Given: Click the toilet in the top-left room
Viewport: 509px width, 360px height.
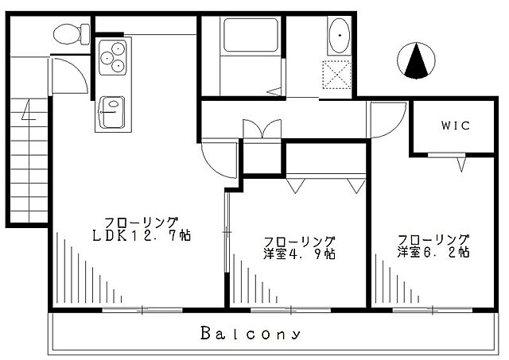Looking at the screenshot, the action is point(72,34).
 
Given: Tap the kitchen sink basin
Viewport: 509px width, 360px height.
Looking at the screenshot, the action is point(112,112).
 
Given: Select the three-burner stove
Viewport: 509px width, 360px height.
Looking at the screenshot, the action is point(113,57).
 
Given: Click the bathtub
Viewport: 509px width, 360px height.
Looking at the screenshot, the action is point(251,35).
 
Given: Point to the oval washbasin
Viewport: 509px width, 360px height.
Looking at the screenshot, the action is point(340,35).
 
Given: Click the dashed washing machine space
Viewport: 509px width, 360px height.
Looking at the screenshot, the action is point(336,75).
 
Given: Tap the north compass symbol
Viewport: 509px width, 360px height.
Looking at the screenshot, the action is point(416,60).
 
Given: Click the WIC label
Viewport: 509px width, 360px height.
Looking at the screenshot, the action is point(456,126).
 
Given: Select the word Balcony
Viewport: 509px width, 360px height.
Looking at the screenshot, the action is point(251,334).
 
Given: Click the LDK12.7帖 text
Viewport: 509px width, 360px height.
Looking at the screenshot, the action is point(142,235).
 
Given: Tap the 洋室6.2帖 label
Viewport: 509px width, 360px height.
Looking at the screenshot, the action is point(433,252).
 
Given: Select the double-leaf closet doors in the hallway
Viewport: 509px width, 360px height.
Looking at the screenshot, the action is point(262,129).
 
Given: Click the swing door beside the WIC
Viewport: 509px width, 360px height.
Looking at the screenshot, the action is point(387,120).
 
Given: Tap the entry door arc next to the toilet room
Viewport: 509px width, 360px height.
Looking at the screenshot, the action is point(69,76).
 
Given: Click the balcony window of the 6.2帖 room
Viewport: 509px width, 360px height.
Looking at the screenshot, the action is point(433,311).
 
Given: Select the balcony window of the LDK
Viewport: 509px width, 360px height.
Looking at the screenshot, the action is point(142,311).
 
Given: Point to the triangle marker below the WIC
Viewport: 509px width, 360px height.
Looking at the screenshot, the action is point(461,165).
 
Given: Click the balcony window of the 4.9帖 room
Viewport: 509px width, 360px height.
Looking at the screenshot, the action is point(290,311).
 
